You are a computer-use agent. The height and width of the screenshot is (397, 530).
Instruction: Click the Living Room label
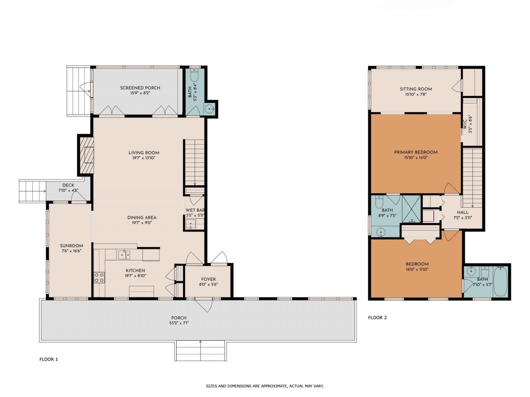[x=144, y=153]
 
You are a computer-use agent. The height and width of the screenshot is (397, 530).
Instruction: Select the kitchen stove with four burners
[x=99, y=277]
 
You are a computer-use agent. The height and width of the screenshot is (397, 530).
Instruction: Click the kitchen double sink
[x=124, y=254]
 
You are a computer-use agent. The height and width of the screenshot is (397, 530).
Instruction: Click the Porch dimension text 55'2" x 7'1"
[x=179, y=323]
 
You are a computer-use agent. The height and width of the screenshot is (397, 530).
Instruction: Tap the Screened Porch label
[x=140, y=88]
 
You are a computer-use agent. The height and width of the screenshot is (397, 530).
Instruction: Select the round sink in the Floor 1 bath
[x=210, y=109]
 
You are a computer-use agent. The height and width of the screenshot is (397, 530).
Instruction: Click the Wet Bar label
[x=195, y=210]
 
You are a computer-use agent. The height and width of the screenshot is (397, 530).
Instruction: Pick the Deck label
[x=68, y=185]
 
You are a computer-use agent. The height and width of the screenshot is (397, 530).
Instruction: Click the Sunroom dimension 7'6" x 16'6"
[x=71, y=251]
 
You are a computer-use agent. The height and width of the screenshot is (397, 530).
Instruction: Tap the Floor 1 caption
[x=48, y=359]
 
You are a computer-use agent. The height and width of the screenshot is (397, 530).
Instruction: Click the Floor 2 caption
[x=377, y=318]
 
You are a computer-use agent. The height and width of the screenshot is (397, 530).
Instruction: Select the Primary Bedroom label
[x=415, y=152]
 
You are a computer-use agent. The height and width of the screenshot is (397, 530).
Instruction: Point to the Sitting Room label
[x=415, y=89]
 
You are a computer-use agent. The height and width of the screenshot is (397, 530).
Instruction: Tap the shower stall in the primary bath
[x=411, y=209]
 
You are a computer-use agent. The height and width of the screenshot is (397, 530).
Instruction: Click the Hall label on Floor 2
[x=463, y=212]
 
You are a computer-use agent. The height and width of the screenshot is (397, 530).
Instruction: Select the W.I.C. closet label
[x=465, y=123]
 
